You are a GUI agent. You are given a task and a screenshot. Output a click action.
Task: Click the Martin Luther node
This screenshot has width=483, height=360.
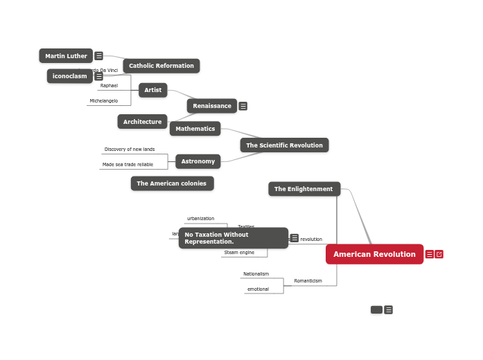tap(66, 56)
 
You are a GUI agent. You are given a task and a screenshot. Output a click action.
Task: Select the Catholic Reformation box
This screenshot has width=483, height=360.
tap(161, 66)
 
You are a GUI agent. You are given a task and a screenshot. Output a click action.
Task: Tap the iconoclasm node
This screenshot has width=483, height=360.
tap(69, 76)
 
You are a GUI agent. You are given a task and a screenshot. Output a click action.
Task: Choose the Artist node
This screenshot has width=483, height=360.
tap(152, 90)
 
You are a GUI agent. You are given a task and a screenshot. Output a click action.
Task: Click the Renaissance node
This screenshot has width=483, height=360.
tap(211, 106)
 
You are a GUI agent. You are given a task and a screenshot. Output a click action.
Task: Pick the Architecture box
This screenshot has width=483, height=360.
tap(142, 122)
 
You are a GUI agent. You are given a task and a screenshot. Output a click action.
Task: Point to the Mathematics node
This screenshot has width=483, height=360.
tap(195, 129)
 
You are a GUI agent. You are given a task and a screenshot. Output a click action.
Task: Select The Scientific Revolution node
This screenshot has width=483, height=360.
tap(284, 145)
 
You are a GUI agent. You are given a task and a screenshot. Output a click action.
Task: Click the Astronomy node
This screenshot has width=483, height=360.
tap(197, 161)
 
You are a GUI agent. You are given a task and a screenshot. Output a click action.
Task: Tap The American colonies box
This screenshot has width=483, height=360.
tap(172, 183)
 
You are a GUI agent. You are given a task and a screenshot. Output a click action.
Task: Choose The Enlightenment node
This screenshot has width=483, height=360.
tap(304, 189)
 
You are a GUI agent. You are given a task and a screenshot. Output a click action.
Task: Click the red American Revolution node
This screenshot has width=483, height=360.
tap(374, 254)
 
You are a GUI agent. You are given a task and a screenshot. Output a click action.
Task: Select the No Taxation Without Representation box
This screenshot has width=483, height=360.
tap(233, 238)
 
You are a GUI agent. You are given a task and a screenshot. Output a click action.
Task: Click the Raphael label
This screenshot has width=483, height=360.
tap(109, 86)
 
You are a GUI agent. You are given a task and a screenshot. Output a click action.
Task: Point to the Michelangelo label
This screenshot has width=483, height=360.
tap(103, 101)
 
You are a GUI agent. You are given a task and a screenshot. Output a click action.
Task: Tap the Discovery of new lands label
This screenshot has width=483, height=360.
tap(130, 150)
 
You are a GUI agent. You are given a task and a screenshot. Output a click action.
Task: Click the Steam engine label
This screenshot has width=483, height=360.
tap(239, 253)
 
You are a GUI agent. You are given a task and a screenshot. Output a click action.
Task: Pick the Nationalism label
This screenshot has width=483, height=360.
tap(256, 274)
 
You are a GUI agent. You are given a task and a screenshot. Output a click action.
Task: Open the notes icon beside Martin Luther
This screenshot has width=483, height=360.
tap(99, 56)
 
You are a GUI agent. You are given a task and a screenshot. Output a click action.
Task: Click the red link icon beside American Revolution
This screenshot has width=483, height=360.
tap(439, 254)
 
